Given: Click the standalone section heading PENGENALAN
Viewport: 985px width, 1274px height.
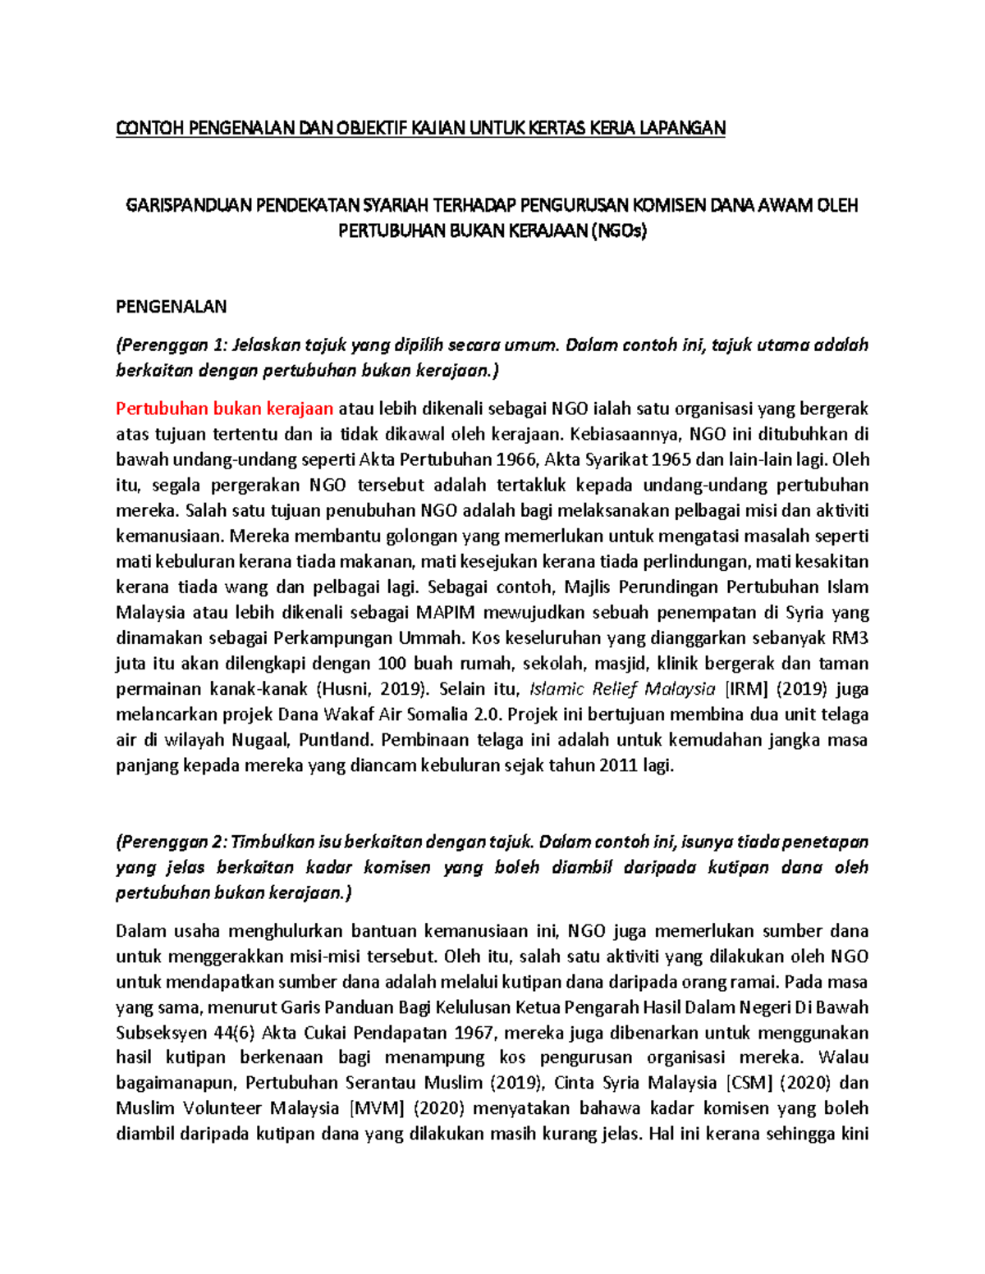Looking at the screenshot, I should (171, 307).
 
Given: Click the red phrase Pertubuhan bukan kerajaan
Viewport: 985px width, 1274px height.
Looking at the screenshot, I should (224, 409).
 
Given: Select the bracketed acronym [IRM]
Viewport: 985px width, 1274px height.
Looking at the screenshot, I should (745, 689).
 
